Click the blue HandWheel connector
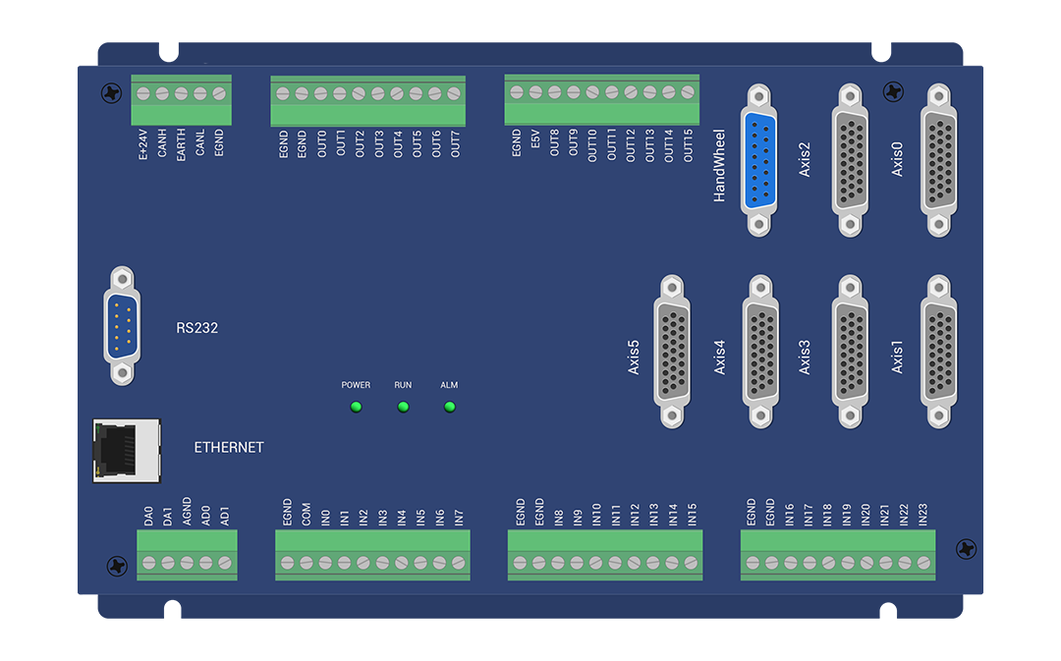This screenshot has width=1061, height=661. point(759,160)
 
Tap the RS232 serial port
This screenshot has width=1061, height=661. point(123,325)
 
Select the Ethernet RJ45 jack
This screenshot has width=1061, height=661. point(127,451)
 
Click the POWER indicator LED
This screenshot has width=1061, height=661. point(356,407)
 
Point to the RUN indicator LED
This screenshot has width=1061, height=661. point(404,407)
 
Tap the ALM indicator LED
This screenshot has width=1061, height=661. point(449,407)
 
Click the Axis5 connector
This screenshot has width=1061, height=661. point(672,352)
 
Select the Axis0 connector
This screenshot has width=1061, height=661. point(938,160)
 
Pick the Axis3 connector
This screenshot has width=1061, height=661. point(850,352)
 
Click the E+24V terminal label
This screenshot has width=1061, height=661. point(142,144)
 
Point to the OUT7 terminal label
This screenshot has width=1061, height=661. point(456,144)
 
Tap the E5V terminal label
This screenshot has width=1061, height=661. point(535,140)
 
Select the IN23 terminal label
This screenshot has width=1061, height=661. point(922,515)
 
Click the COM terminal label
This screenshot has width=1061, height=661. point(306,515)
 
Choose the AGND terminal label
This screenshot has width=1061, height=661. point(187,512)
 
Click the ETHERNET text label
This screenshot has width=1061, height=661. point(229,447)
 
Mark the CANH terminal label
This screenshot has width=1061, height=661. point(162,143)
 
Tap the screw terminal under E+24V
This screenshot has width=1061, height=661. point(143,94)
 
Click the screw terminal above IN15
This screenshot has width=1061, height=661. point(691,562)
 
